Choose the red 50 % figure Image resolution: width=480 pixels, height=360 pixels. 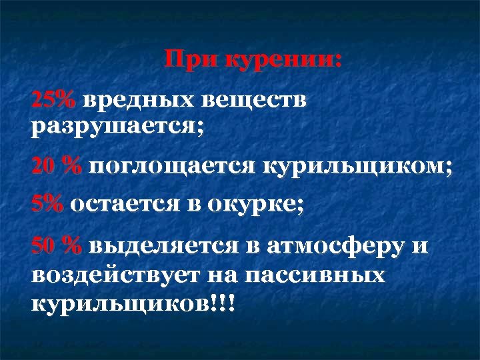click(x=57, y=246)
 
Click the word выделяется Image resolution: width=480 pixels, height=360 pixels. click(x=161, y=246)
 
